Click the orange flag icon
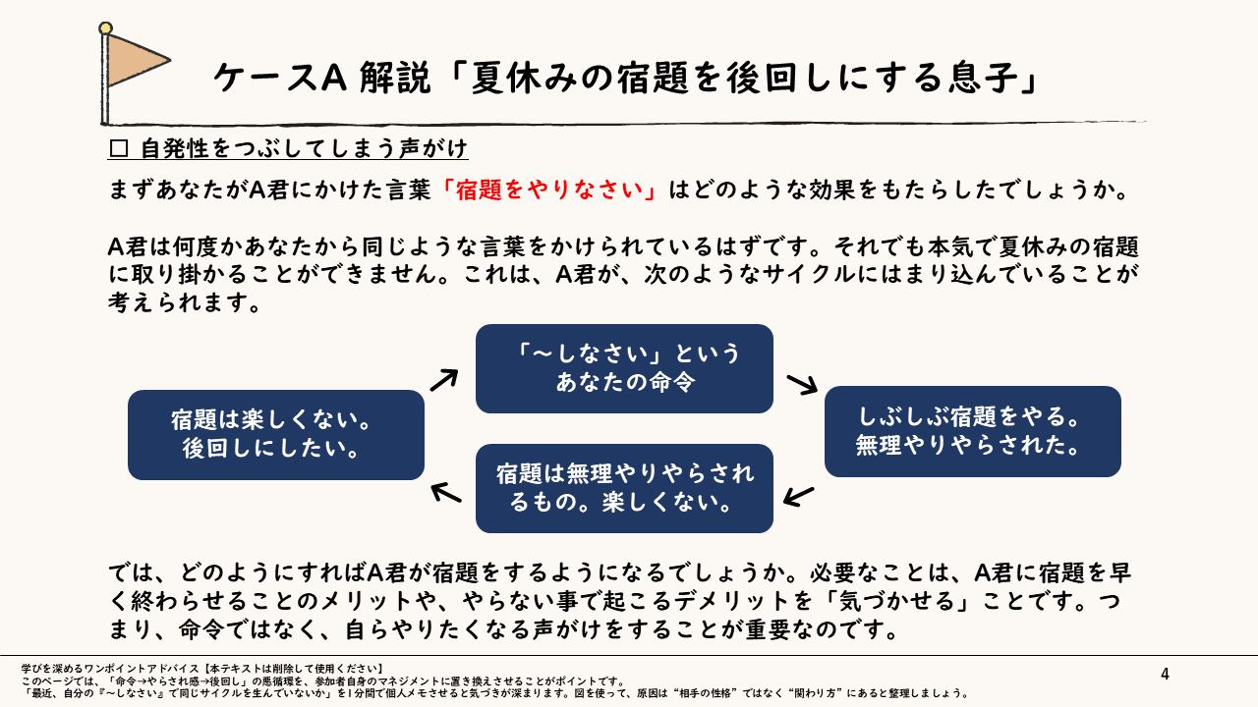[134, 60]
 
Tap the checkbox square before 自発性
[120, 149]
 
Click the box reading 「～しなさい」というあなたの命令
[624, 368]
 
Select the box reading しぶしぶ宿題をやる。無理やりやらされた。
[972, 431]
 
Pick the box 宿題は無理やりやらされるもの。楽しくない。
[624, 488]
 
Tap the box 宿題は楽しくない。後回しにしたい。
[276, 435]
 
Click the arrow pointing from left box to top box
[446, 378]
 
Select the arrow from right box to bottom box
[800, 495]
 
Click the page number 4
[1165, 674]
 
